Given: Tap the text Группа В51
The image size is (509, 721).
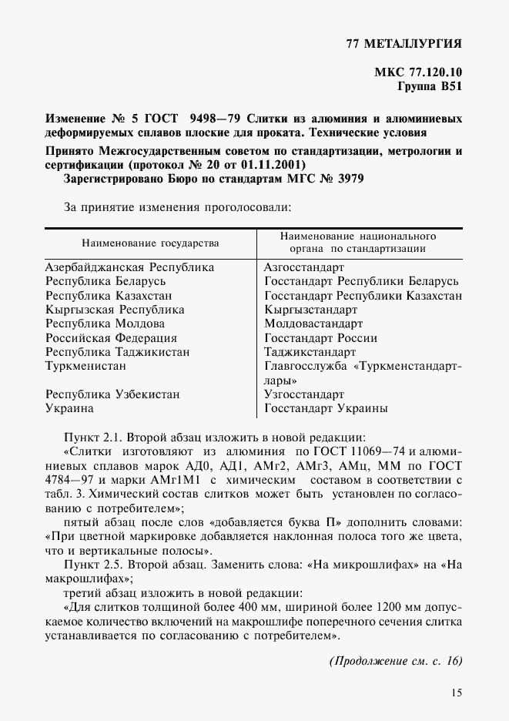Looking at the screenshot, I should pyautogui.click(x=429, y=88).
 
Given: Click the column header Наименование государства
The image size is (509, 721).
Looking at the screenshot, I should pyautogui.click(x=150, y=243).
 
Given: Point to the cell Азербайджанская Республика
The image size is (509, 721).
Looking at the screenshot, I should pyautogui.click(x=129, y=267).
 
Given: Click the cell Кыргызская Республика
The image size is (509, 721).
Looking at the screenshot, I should pyautogui.click(x=115, y=310).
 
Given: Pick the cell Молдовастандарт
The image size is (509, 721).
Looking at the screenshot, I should pyautogui.click(x=313, y=324).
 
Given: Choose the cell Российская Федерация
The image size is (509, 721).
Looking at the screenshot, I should pyautogui.click(x=111, y=337).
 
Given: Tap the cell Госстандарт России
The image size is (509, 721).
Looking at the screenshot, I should pyautogui.click(x=320, y=337).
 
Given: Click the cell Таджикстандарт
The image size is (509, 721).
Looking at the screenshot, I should pyautogui.click(x=310, y=351).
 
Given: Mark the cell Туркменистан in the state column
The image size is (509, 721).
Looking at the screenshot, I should pyautogui.click(x=85, y=366).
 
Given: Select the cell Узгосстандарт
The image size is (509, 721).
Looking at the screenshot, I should pyautogui.click(x=303, y=394).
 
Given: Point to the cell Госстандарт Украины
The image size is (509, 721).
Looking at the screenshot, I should pyautogui.click(x=326, y=408).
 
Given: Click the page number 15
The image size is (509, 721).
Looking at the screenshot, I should pyautogui.click(x=457, y=692).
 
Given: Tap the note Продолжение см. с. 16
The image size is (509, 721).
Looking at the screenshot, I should pyautogui.click(x=395, y=661).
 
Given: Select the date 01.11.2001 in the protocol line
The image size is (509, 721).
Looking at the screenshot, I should pyautogui.click(x=270, y=165).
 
